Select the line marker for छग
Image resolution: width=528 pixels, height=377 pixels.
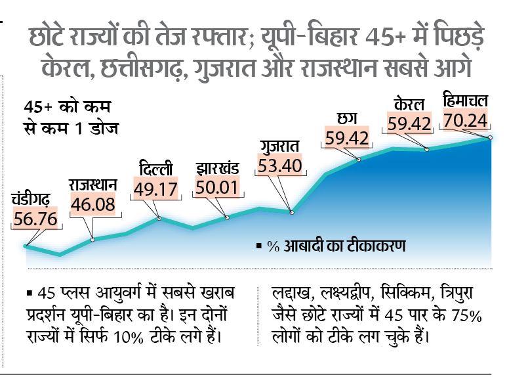click(359, 159)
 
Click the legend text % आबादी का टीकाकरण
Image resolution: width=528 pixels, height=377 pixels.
click(336, 246)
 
